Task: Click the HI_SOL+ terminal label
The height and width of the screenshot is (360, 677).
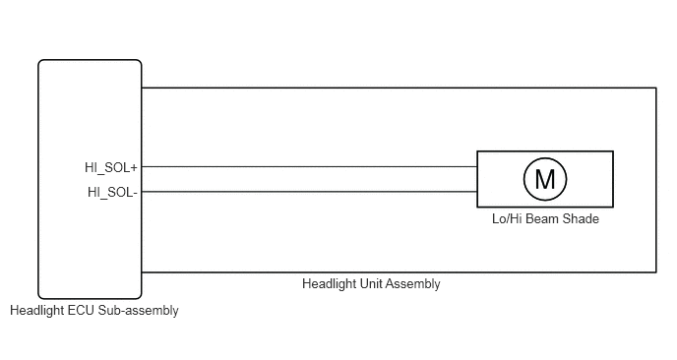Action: tap(111, 167)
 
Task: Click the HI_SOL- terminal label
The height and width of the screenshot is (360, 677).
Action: tap(112, 192)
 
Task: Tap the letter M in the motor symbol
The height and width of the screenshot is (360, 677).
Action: tap(545, 179)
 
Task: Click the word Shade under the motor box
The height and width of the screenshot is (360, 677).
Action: tap(581, 218)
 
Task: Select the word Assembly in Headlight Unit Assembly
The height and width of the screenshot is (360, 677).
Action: tap(412, 284)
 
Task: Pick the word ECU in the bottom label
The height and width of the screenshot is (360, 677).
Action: tap(82, 311)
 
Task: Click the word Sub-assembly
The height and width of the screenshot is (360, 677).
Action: tap(138, 311)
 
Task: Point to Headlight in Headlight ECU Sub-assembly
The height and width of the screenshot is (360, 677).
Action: tap(37, 311)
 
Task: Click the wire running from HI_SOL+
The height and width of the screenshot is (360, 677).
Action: tap(309, 166)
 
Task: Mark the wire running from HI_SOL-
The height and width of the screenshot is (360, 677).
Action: tap(309, 192)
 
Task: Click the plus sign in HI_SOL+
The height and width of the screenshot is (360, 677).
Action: tap(134, 167)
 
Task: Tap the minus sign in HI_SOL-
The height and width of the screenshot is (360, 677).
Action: tap(135, 193)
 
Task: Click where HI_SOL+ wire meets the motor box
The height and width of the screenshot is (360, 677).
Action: tap(477, 166)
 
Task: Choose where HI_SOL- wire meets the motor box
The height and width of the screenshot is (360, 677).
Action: tap(477, 192)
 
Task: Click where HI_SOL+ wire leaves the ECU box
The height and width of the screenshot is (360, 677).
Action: tap(142, 166)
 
